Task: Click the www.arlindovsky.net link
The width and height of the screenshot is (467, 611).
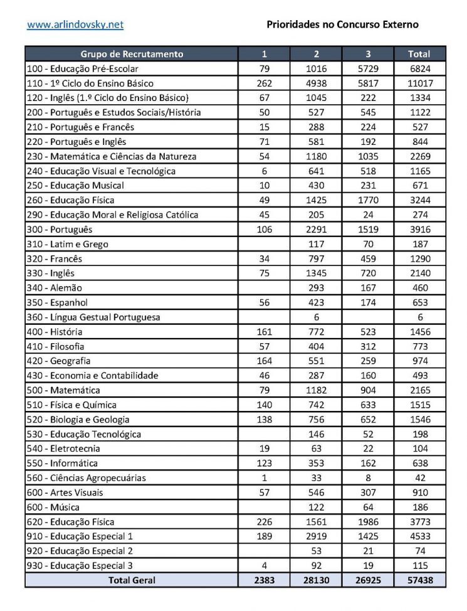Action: tap(75, 25)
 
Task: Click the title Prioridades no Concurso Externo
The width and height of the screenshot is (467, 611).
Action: tap(342, 25)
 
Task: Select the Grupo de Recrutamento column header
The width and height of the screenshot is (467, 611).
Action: tap(132, 54)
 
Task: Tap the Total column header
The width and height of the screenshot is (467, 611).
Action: tap(419, 54)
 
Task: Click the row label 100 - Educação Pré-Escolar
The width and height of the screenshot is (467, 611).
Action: tap(83, 68)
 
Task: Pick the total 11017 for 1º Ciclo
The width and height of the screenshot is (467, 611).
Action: tap(419, 83)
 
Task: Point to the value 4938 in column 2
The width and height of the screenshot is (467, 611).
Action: tap(317, 83)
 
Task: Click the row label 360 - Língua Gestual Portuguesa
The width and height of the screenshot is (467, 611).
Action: tap(93, 317)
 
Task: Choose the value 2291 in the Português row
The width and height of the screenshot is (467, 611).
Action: tap(317, 230)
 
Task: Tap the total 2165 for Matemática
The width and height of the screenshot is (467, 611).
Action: tap(419, 390)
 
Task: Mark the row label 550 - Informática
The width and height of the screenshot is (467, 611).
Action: tap(63, 464)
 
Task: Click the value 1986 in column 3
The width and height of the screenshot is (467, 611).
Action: tap(368, 522)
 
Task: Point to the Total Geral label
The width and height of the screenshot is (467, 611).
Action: tap(132, 580)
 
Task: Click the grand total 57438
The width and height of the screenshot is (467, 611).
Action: tap(419, 580)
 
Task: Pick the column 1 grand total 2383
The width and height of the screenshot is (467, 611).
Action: tap(264, 580)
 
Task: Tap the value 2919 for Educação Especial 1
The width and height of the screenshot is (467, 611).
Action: tap(317, 536)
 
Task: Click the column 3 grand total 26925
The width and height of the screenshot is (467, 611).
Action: tap(368, 580)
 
